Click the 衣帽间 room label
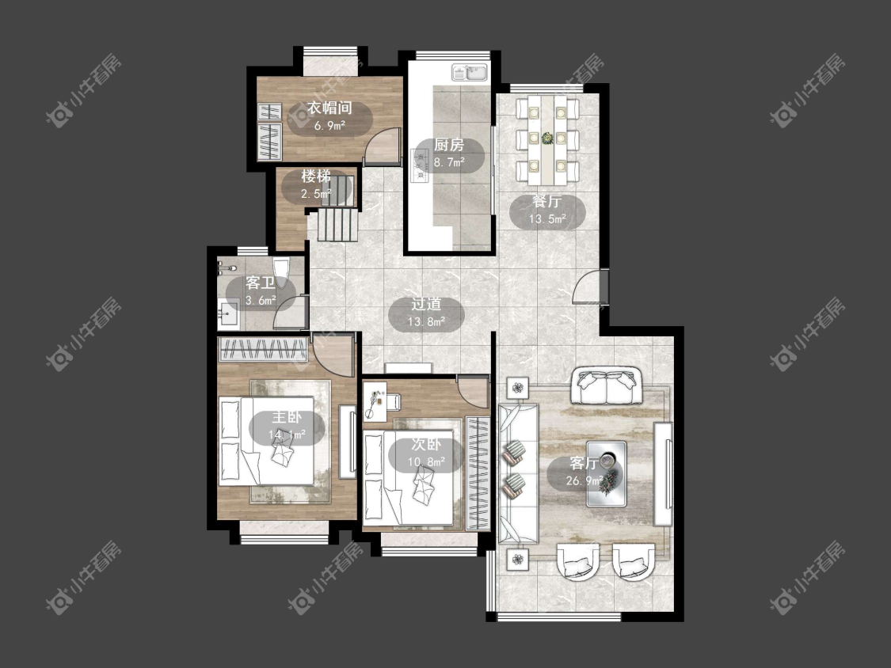[x=329, y=108]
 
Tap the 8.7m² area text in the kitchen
[x=449, y=162]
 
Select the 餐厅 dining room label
[x=547, y=202]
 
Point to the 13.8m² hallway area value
[x=426, y=322]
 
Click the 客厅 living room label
[x=584, y=464]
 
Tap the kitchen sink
[x=470, y=72]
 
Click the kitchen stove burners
[x=419, y=165]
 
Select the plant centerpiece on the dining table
[x=547, y=138]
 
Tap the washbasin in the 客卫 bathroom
[x=229, y=313]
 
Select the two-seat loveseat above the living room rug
[x=607, y=385]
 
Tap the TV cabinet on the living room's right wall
[x=663, y=474]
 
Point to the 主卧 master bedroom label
[x=287, y=418]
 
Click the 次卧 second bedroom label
[x=426, y=446]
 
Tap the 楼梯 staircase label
[x=316, y=176]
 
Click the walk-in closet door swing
[x=379, y=146]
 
